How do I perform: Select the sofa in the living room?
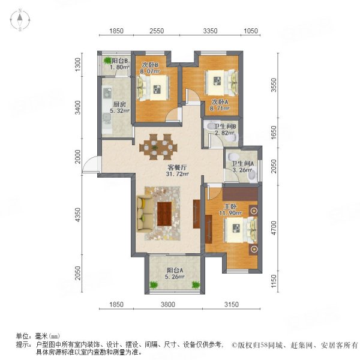coord(145,214)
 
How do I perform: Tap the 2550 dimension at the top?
coord(156,31)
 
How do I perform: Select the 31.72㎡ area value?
coord(178,175)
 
